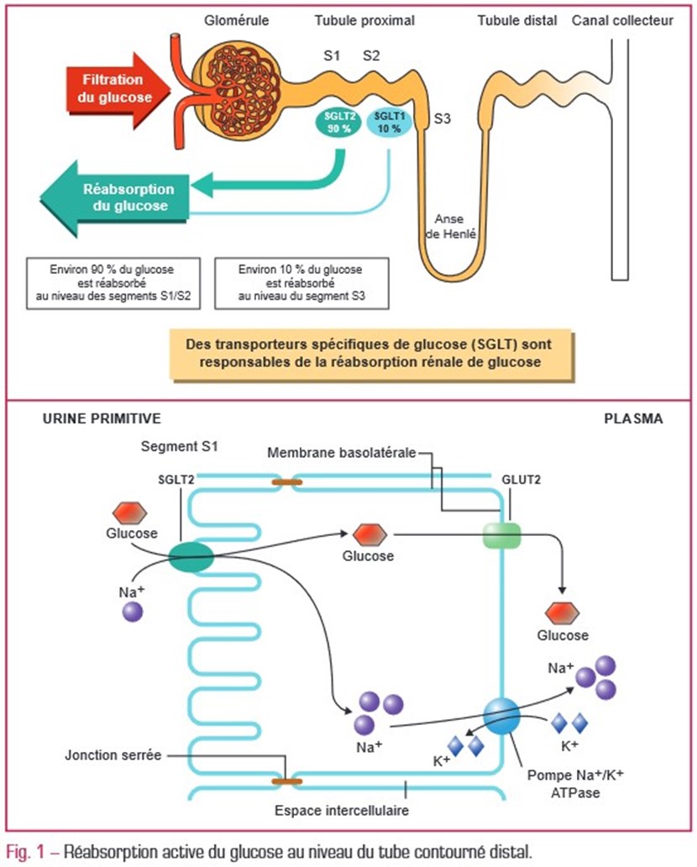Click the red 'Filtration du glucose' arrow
113,87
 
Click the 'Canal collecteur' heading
622,20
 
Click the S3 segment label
443,118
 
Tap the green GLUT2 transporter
502,535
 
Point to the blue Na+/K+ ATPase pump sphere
500,716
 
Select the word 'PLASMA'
633,418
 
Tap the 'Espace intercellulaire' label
332,812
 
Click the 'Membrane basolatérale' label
341,453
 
